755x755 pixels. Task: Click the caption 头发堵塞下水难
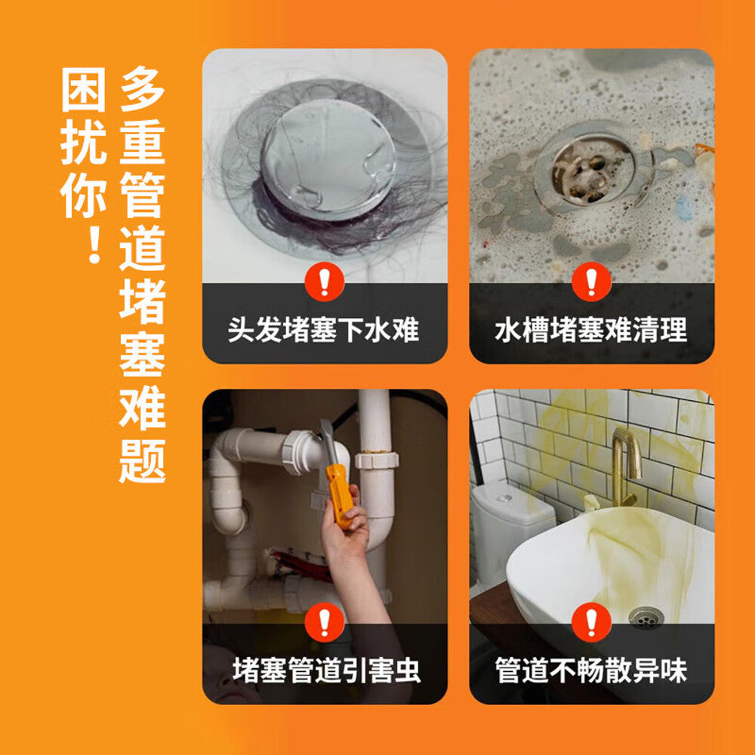point(324,330)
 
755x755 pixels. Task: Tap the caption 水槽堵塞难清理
point(591,330)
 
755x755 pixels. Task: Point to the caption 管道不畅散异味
point(591,670)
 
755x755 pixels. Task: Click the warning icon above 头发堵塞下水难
point(325,282)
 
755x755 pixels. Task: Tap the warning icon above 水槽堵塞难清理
point(591,282)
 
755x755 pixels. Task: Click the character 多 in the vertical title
point(142,89)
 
